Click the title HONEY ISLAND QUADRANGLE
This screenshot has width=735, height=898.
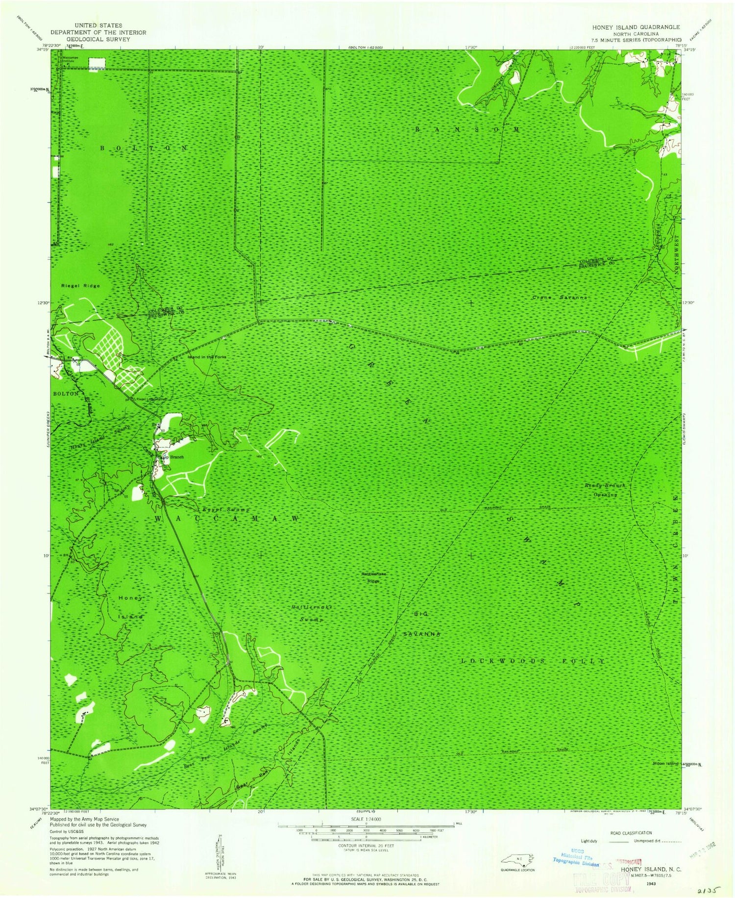click(x=636, y=27)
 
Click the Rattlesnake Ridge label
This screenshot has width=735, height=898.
click(x=371, y=577)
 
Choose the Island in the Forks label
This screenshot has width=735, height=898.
click(x=207, y=357)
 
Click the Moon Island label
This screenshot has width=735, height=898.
click(x=666, y=764)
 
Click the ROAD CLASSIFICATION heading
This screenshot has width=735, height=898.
click(x=631, y=833)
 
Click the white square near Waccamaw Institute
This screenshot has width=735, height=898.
click(x=97, y=63)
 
